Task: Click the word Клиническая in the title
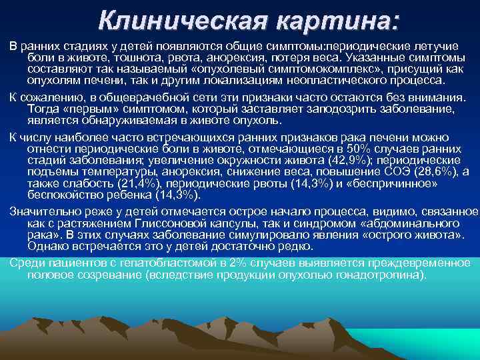[x=170, y=21]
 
